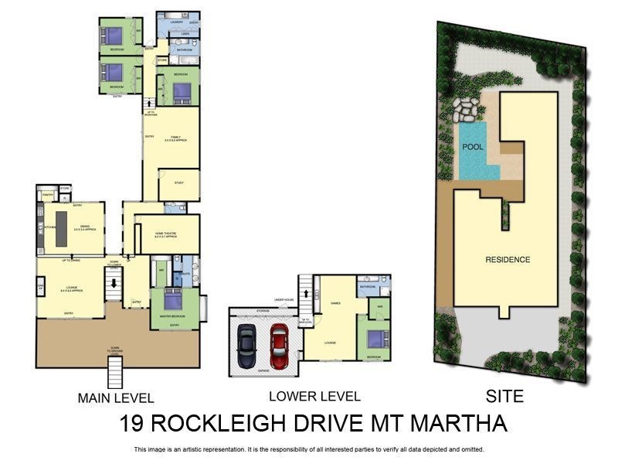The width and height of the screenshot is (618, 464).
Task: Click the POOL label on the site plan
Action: pyautogui.click(x=473, y=146)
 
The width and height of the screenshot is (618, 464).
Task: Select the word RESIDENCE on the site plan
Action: pyautogui.click(x=507, y=260)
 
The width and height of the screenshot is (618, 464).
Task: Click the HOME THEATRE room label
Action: pyautogui.click(x=165, y=234)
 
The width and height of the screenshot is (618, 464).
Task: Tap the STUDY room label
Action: pyautogui.click(x=178, y=183)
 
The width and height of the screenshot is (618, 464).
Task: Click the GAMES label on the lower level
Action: pyautogui.click(x=335, y=303)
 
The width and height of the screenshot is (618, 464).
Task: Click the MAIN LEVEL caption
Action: pyautogui.click(x=116, y=399)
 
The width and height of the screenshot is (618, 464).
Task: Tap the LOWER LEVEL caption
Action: pyautogui.click(x=314, y=397)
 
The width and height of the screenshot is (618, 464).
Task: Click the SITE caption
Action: pyautogui.click(x=504, y=397)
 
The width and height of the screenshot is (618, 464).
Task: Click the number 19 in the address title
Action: pyautogui.click(x=134, y=425)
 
